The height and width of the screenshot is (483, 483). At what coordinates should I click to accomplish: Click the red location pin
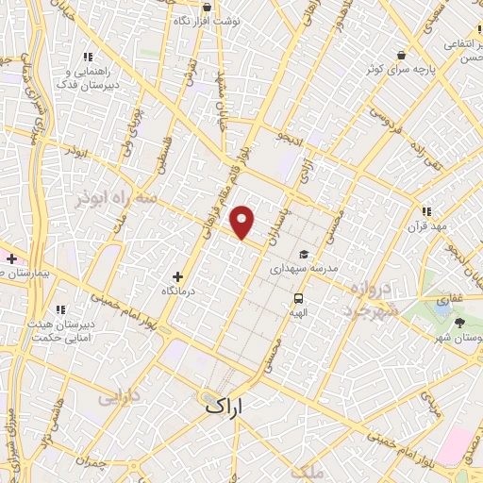(x=243, y=222)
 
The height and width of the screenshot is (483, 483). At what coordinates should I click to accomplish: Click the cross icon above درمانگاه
(x=177, y=277)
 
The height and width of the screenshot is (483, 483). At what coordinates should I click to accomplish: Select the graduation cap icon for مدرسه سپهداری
(x=304, y=254)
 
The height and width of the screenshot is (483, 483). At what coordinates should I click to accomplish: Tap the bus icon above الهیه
(x=298, y=299)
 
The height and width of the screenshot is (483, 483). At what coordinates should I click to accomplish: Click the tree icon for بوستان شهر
(x=459, y=323)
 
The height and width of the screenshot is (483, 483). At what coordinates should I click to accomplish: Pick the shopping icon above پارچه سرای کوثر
(x=403, y=55)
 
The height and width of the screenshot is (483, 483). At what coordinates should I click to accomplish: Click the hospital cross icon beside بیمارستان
(x=11, y=258)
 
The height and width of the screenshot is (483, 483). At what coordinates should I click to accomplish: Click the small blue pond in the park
(x=443, y=307)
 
